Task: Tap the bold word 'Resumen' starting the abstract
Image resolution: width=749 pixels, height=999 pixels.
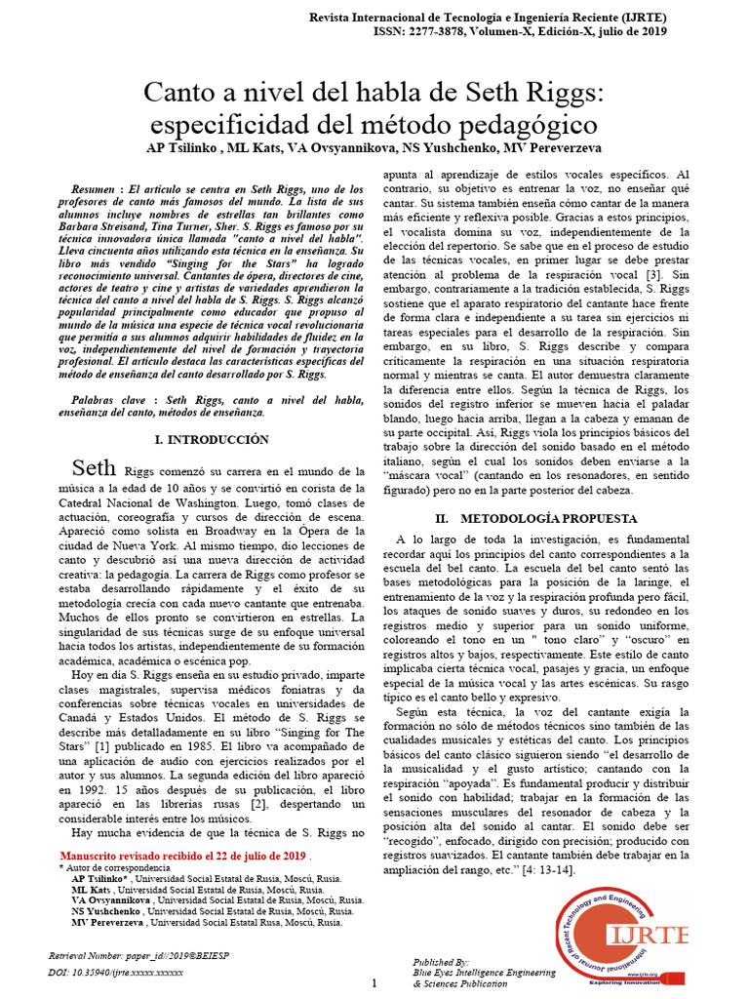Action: tap(95, 187)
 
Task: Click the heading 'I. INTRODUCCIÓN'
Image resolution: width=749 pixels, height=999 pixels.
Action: tap(212, 440)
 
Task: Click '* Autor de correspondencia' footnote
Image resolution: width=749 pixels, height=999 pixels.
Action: tap(114, 867)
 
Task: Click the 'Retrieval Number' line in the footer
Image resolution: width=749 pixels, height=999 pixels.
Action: tap(129, 958)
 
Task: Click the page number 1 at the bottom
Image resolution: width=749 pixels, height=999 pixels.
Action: tap(374, 983)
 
